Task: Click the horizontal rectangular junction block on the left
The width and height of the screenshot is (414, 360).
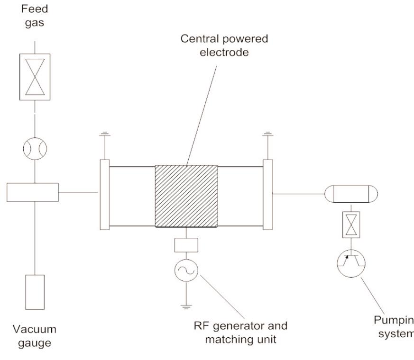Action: [32, 192]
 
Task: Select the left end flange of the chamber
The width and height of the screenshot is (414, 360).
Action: [105, 195]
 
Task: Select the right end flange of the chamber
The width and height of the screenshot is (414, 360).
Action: [268, 195]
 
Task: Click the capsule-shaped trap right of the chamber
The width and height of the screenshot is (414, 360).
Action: [350, 193]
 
